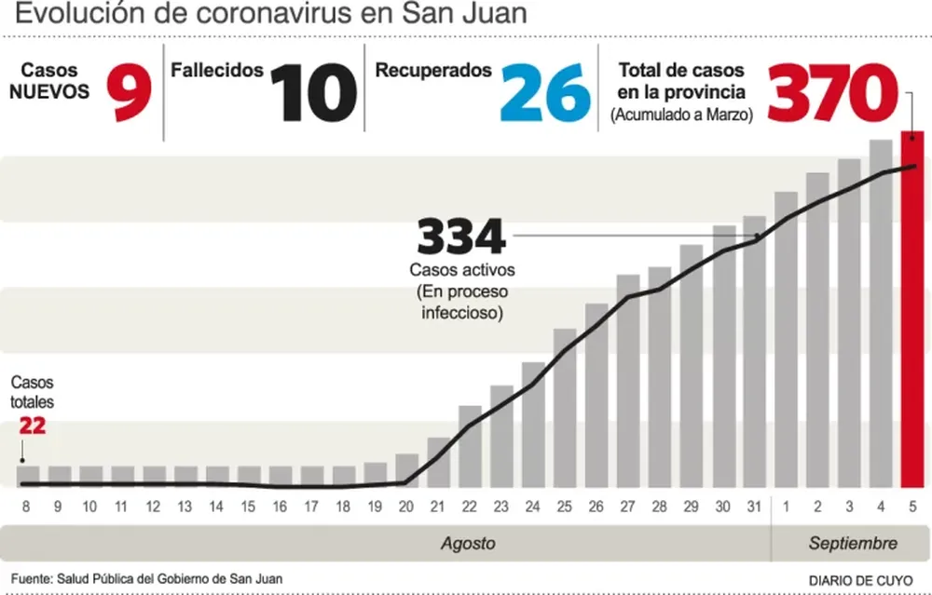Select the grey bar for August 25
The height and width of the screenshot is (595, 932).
[564, 410]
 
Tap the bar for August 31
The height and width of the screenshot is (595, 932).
[754, 354]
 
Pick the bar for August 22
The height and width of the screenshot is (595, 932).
[470, 447]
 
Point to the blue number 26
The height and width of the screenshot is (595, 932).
[545, 95]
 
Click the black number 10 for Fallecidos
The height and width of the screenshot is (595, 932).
[314, 95]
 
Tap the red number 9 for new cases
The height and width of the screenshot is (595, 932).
[128, 95]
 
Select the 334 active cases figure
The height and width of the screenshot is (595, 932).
[461, 237]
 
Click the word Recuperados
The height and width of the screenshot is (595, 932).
[432, 71]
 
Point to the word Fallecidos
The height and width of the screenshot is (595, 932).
[217, 71]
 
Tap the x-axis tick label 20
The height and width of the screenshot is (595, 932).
[406, 507]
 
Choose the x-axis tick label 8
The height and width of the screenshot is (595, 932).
[26, 507]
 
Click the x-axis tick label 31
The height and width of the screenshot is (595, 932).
[754, 507]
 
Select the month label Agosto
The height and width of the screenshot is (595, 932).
[468, 543]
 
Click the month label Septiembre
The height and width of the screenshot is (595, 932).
[853, 543]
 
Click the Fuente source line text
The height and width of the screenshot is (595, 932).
[147, 578]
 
